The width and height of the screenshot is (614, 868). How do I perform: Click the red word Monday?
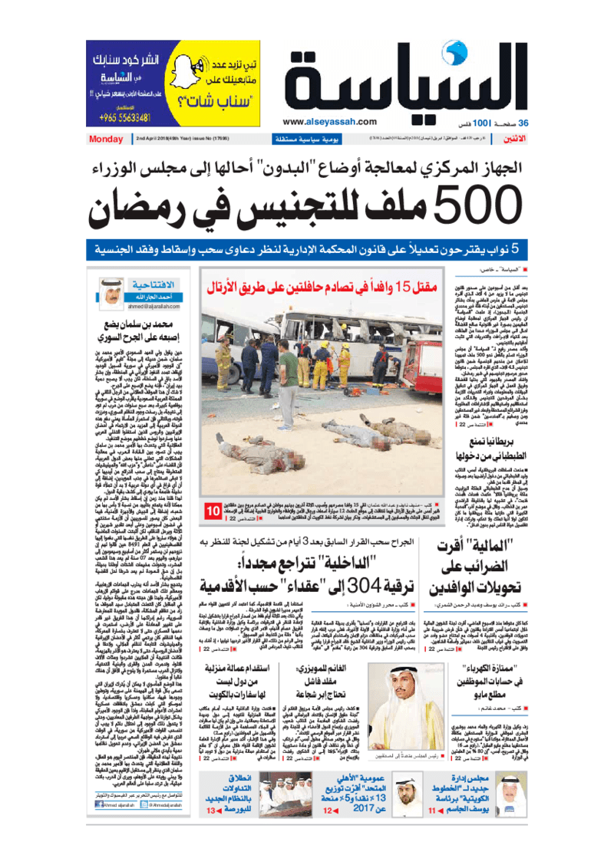coord(101,139)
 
